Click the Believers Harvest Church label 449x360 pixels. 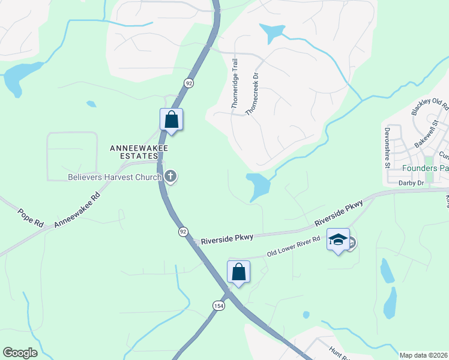click(x=115, y=177)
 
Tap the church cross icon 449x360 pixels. click(x=171, y=176)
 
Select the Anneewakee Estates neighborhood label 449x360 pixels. click(x=138, y=152)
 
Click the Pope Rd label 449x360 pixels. click(x=30, y=218)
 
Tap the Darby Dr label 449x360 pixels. click(x=412, y=182)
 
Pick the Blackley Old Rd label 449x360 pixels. click(x=430, y=106)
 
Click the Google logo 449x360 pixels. click(x=20, y=353)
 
